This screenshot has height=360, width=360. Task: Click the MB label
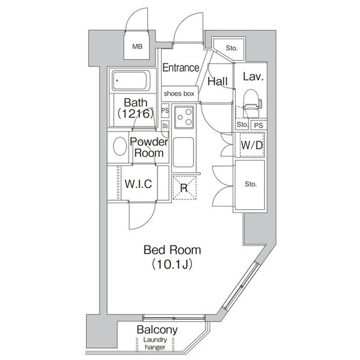[138, 47]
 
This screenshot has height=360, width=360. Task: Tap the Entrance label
[181, 67]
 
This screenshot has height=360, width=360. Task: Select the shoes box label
[179, 93]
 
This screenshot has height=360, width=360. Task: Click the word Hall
[217, 82]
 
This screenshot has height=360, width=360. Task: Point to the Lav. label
[253, 76]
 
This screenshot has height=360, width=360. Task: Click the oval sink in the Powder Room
[120, 147]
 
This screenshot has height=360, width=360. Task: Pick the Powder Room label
[149, 147]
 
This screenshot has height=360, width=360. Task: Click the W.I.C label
[138, 184]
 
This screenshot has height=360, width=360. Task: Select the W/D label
[251, 146]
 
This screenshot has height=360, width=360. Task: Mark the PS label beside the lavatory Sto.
[258, 125]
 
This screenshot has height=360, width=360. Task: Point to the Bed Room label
[172, 250]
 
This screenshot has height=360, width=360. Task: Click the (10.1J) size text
[172, 264]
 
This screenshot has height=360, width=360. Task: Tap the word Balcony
[157, 330]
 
